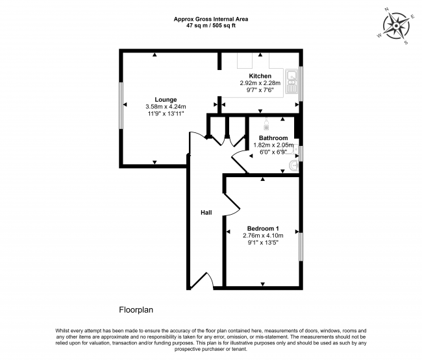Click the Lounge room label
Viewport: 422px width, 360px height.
coord(166,99)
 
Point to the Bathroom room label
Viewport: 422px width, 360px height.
coord(273,138)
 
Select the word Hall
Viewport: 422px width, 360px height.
coord(206,212)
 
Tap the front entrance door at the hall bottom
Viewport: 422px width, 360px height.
coord(201,280)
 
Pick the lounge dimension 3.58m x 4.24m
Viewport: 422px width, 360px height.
coord(166,106)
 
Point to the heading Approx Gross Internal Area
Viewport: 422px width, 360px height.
coord(210,19)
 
